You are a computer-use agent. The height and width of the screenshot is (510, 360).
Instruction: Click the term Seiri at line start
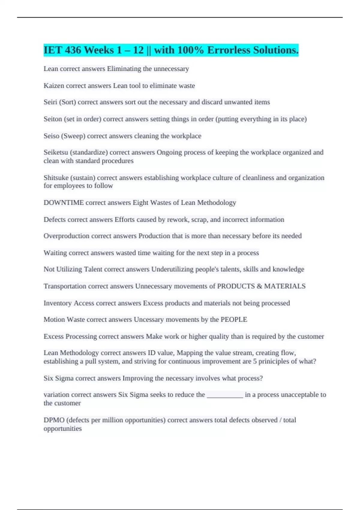click(x=50, y=102)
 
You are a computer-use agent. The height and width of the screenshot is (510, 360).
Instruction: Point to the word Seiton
click(x=53, y=119)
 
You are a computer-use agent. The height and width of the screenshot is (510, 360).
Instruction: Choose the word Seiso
click(x=51, y=136)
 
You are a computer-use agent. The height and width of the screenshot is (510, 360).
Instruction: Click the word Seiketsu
click(x=56, y=152)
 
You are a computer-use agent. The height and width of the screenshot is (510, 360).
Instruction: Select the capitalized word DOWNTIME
click(x=64, y=203)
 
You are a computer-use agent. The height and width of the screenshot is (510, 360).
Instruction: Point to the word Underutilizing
click(x=172, y=269)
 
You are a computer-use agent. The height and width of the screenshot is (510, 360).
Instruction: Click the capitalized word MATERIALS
click(x=285, y=286)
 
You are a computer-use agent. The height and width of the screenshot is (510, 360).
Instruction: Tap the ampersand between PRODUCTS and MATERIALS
click(x=259, y=286)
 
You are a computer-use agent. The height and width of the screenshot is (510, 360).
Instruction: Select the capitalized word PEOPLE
click(x=234, y=319)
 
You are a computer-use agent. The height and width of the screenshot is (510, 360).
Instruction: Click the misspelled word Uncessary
click(x=148, y=319)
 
